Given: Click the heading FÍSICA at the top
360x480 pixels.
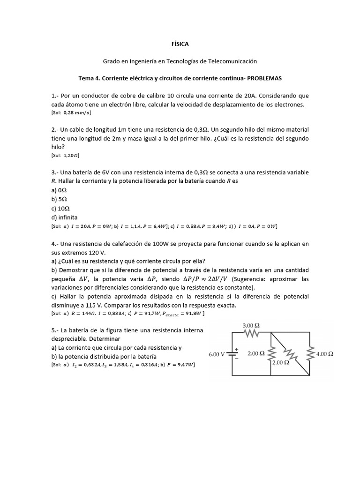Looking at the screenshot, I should tap(180, 44).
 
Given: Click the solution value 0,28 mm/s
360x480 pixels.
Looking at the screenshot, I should tap(77, 112).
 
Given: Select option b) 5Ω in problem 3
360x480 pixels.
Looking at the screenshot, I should tap(60, 199).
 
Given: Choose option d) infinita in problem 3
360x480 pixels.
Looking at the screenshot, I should tap(65, 217).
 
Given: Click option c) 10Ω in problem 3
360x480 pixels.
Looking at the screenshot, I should tap(61, 208).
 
